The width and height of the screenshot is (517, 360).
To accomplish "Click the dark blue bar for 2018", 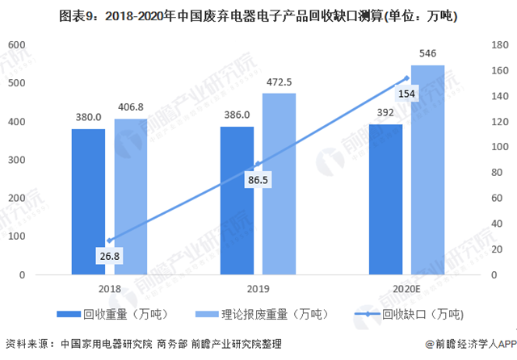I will (x=87, y=202).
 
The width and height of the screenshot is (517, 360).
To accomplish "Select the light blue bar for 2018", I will (x=131, y=197).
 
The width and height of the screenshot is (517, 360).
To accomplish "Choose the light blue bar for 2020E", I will (x=427, y=170).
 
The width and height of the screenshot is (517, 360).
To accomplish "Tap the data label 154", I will (x=407, y=94).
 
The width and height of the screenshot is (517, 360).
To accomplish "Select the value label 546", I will (x=427, y=54).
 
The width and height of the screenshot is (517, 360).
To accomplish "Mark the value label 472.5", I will (x=279, y=82).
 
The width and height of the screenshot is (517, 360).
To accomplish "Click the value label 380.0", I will (x=88, y=118).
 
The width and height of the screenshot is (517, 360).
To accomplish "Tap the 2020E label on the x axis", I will (x=406, y=288).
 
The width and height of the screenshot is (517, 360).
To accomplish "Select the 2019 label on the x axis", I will (x=258, y=288).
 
